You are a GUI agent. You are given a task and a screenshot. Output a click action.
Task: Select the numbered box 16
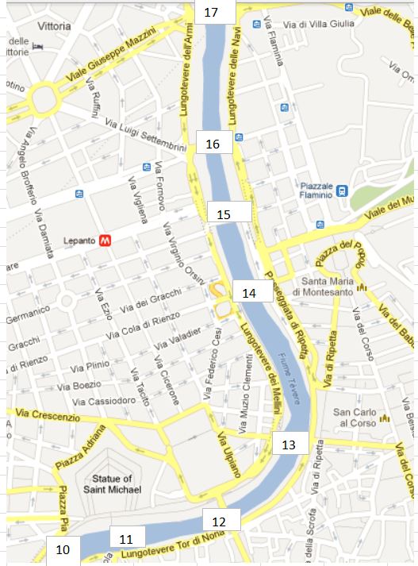click(x=214, y=144)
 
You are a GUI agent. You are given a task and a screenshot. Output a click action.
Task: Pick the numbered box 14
click(x=250, y=292)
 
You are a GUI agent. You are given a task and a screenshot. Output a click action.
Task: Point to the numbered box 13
click(x=290, y=444)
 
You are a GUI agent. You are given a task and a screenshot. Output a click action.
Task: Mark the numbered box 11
click(x=127, y=538)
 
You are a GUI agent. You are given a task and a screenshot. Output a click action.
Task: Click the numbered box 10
click(x=63, y=549)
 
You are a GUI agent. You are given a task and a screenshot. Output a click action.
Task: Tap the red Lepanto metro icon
click(x=104, y=241)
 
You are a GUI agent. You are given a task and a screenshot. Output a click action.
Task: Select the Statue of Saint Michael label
click(x=112, y=484)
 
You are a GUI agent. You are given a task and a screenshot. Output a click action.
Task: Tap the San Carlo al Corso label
click(x=355, y=418)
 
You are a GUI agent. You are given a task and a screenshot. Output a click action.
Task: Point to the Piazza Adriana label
click(x=79, y=452)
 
